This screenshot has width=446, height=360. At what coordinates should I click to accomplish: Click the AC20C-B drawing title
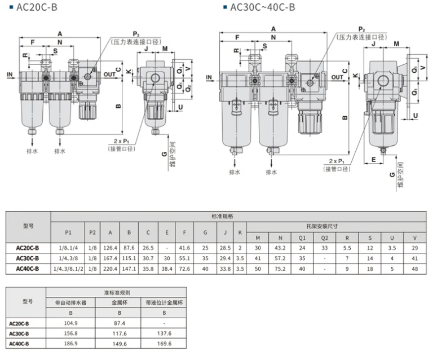pyautogui.click(x=37, y=7)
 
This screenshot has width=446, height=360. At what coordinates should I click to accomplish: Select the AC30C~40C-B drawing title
pyautogui.click(x=263, y=7)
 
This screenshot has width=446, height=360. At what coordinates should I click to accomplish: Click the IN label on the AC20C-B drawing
pyautogui.click(x=10, y=74)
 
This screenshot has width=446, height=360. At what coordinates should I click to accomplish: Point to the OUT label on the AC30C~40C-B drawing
pyautogui.click(x=337, y=77)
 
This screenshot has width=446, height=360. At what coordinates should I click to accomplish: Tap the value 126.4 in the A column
pyautogui.click(x=110, y=248)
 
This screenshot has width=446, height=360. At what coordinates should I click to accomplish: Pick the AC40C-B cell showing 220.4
pyautogui.click(x=110, y=269)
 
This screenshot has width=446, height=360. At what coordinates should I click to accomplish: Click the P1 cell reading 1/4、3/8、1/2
pyautogui.click(x=68, y=269)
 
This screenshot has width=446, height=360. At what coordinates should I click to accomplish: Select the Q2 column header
pyautogui.click(x=325, y=238)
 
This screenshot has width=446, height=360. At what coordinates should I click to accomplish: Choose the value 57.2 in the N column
pyautogui.click(x=280, y=258)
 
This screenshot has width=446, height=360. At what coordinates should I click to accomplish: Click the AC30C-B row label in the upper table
pyautogui.click(x=28, y=258)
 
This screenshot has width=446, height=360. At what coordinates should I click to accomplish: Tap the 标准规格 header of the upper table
pyautogui.click(x=222, y=216)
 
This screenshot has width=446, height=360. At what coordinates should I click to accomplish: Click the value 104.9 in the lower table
pyautogui.click(x=70, y=323)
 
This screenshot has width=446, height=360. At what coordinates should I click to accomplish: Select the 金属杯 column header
pyautogui.click(x=120, y=302)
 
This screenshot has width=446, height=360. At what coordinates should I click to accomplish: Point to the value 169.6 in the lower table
pyautogui.click(x=164, y=344)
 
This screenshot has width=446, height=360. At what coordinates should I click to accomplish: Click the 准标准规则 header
pyautogui.click(x=117, y=292)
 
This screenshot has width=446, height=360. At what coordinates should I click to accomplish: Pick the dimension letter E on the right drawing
pyautogui.click(x=374, y=159)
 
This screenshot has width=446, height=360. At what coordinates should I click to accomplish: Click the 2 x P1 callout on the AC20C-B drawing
pyautogui.click(x=121, y=141)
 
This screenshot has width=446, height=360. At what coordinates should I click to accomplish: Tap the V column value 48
pyautogui.click(x=415, y=269)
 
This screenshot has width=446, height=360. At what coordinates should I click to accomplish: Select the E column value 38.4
pyautogui.click(x=167, y=269)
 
